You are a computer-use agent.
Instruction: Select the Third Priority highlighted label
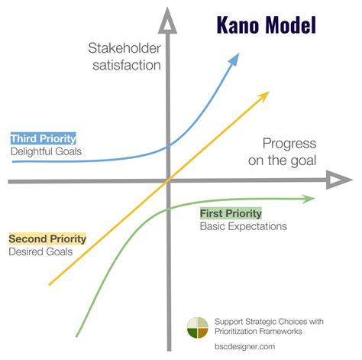click(x=43, y=138)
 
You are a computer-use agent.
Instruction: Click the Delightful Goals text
click(x=46, y=151)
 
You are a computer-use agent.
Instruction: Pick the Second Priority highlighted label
click(x=47, y=239)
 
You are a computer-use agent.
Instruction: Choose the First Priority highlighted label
click(x=231, y=213)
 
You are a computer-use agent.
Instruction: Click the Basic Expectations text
click(x=243, y=226)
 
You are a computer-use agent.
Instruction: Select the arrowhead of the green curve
click(x=309, y=199)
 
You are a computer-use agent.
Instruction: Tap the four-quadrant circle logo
click(x=197, y=327)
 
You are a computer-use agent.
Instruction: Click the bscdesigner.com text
click(x=244, y=345)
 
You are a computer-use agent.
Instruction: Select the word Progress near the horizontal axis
click(x=289, y=143)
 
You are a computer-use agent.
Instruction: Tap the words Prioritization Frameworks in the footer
click(x=260, y=331)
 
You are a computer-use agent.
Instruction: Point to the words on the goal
click(x=283, y=159)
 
